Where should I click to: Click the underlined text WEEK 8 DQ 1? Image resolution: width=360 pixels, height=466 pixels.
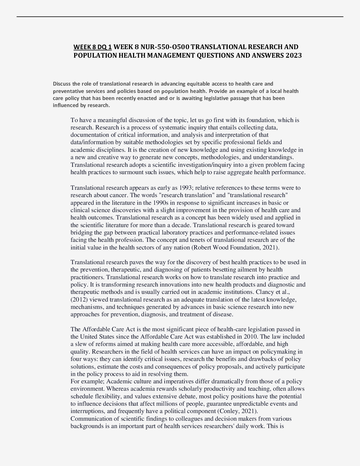(x=92, y=47)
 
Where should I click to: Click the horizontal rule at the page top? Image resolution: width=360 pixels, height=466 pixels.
(x=180, y=17)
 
